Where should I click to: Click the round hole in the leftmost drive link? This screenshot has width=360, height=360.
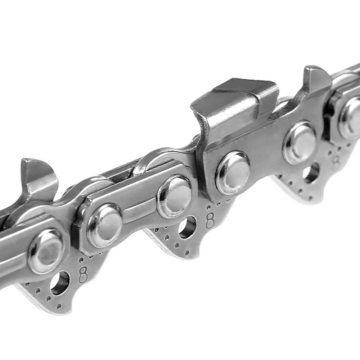(60, 283)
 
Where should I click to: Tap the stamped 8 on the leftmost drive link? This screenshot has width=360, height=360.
(83, 275)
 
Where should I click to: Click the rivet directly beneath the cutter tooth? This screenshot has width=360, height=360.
(233, 172)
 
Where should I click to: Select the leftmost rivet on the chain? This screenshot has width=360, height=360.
(46, 251)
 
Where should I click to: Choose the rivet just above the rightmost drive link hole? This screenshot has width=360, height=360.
(300, 143)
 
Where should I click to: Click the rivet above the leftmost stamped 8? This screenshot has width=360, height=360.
(105, 225)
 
